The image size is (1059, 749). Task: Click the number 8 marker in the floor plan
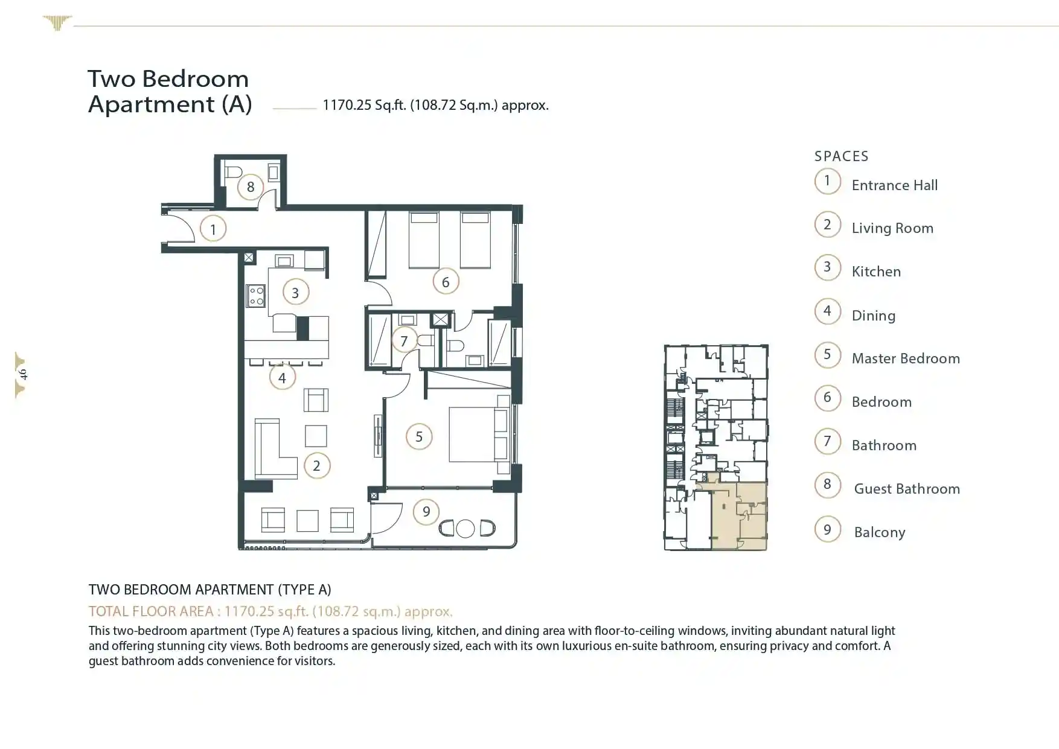click(251, 187)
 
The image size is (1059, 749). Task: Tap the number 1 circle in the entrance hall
click(213, 229)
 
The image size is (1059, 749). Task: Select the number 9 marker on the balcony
click(426, 512)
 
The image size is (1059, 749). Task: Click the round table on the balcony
click(465, 529)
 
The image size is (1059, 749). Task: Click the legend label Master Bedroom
click(906, 359)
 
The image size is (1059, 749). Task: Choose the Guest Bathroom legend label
click(907, 489)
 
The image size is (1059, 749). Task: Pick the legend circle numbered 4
click(827, 311)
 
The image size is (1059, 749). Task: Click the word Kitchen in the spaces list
click(876, 272)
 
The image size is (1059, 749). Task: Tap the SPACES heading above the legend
click(841, 156)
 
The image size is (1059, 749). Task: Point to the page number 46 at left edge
click(23, 374)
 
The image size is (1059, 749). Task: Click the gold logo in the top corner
click(57, 23)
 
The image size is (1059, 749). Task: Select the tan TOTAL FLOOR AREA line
click(270, 611)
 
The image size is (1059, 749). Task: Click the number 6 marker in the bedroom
click(446, 282)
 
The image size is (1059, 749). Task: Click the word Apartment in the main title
click(151, 104)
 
